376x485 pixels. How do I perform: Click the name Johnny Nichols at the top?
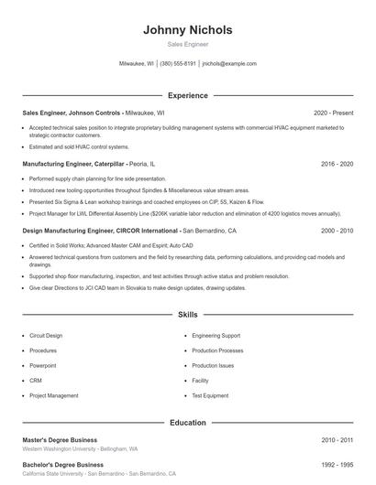(187, 29)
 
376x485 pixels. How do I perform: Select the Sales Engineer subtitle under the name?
(187, 44)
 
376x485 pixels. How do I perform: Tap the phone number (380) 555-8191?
(178, 64)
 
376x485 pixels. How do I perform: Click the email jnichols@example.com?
(229, 64)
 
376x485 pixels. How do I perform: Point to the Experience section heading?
(187, 95)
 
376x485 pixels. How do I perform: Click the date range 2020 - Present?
(333, 113)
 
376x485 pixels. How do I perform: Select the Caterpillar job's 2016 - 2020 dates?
(337, 164)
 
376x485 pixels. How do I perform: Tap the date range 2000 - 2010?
(337, 232)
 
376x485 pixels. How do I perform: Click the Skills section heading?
(187, 314)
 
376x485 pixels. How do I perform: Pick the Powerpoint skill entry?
(43, 365)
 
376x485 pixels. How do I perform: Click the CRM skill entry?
(36, 380)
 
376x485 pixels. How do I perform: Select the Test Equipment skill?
(210, 395)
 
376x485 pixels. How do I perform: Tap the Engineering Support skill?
(216, 336)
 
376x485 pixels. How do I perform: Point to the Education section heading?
(187, 423)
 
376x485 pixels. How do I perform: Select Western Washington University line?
(80, 449)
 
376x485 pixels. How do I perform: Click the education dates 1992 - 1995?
(337, 465)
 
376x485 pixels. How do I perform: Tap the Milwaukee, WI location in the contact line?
(137, 64)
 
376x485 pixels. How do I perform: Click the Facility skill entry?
(201, 380)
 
